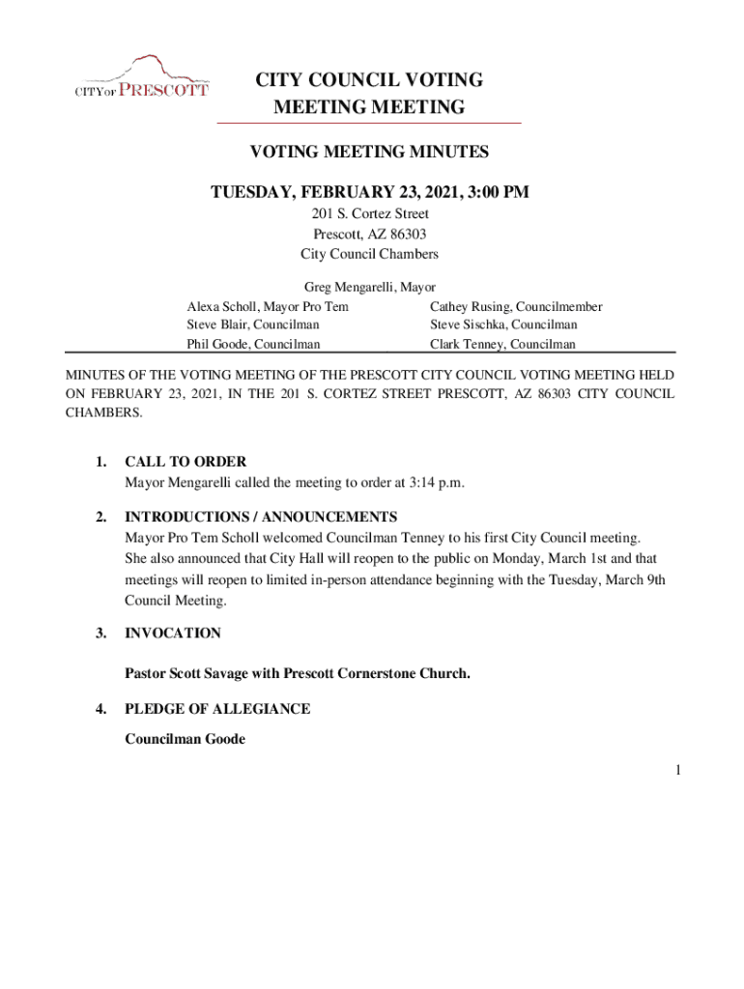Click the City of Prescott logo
click(x=141, y=77)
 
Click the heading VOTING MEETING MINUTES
click(x=369, y=152)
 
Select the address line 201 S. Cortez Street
click(x=370, y=213)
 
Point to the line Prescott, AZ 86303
click(x=370, y=234)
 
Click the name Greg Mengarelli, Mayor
click(x=370, y=287)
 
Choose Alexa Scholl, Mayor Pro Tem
click(x=268, y=306)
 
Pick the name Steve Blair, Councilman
click(x=253, y=325)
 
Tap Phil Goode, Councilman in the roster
click(x=253, y=344)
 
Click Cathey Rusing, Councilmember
click(x=516, y=306)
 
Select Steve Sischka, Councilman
click(x=503, y=325)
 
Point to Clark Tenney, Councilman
click(x=502, y=344)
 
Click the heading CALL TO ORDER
click(x=186, y=462)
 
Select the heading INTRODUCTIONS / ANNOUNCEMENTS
click(x=261, y=517)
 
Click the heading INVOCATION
click(x=173, y=634)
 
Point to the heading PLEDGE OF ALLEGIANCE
click(x=217, y=709)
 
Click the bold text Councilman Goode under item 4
click(x=185, y=739)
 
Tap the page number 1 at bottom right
click(x=679, y=770)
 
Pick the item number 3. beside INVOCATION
click(x=101, y=634)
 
